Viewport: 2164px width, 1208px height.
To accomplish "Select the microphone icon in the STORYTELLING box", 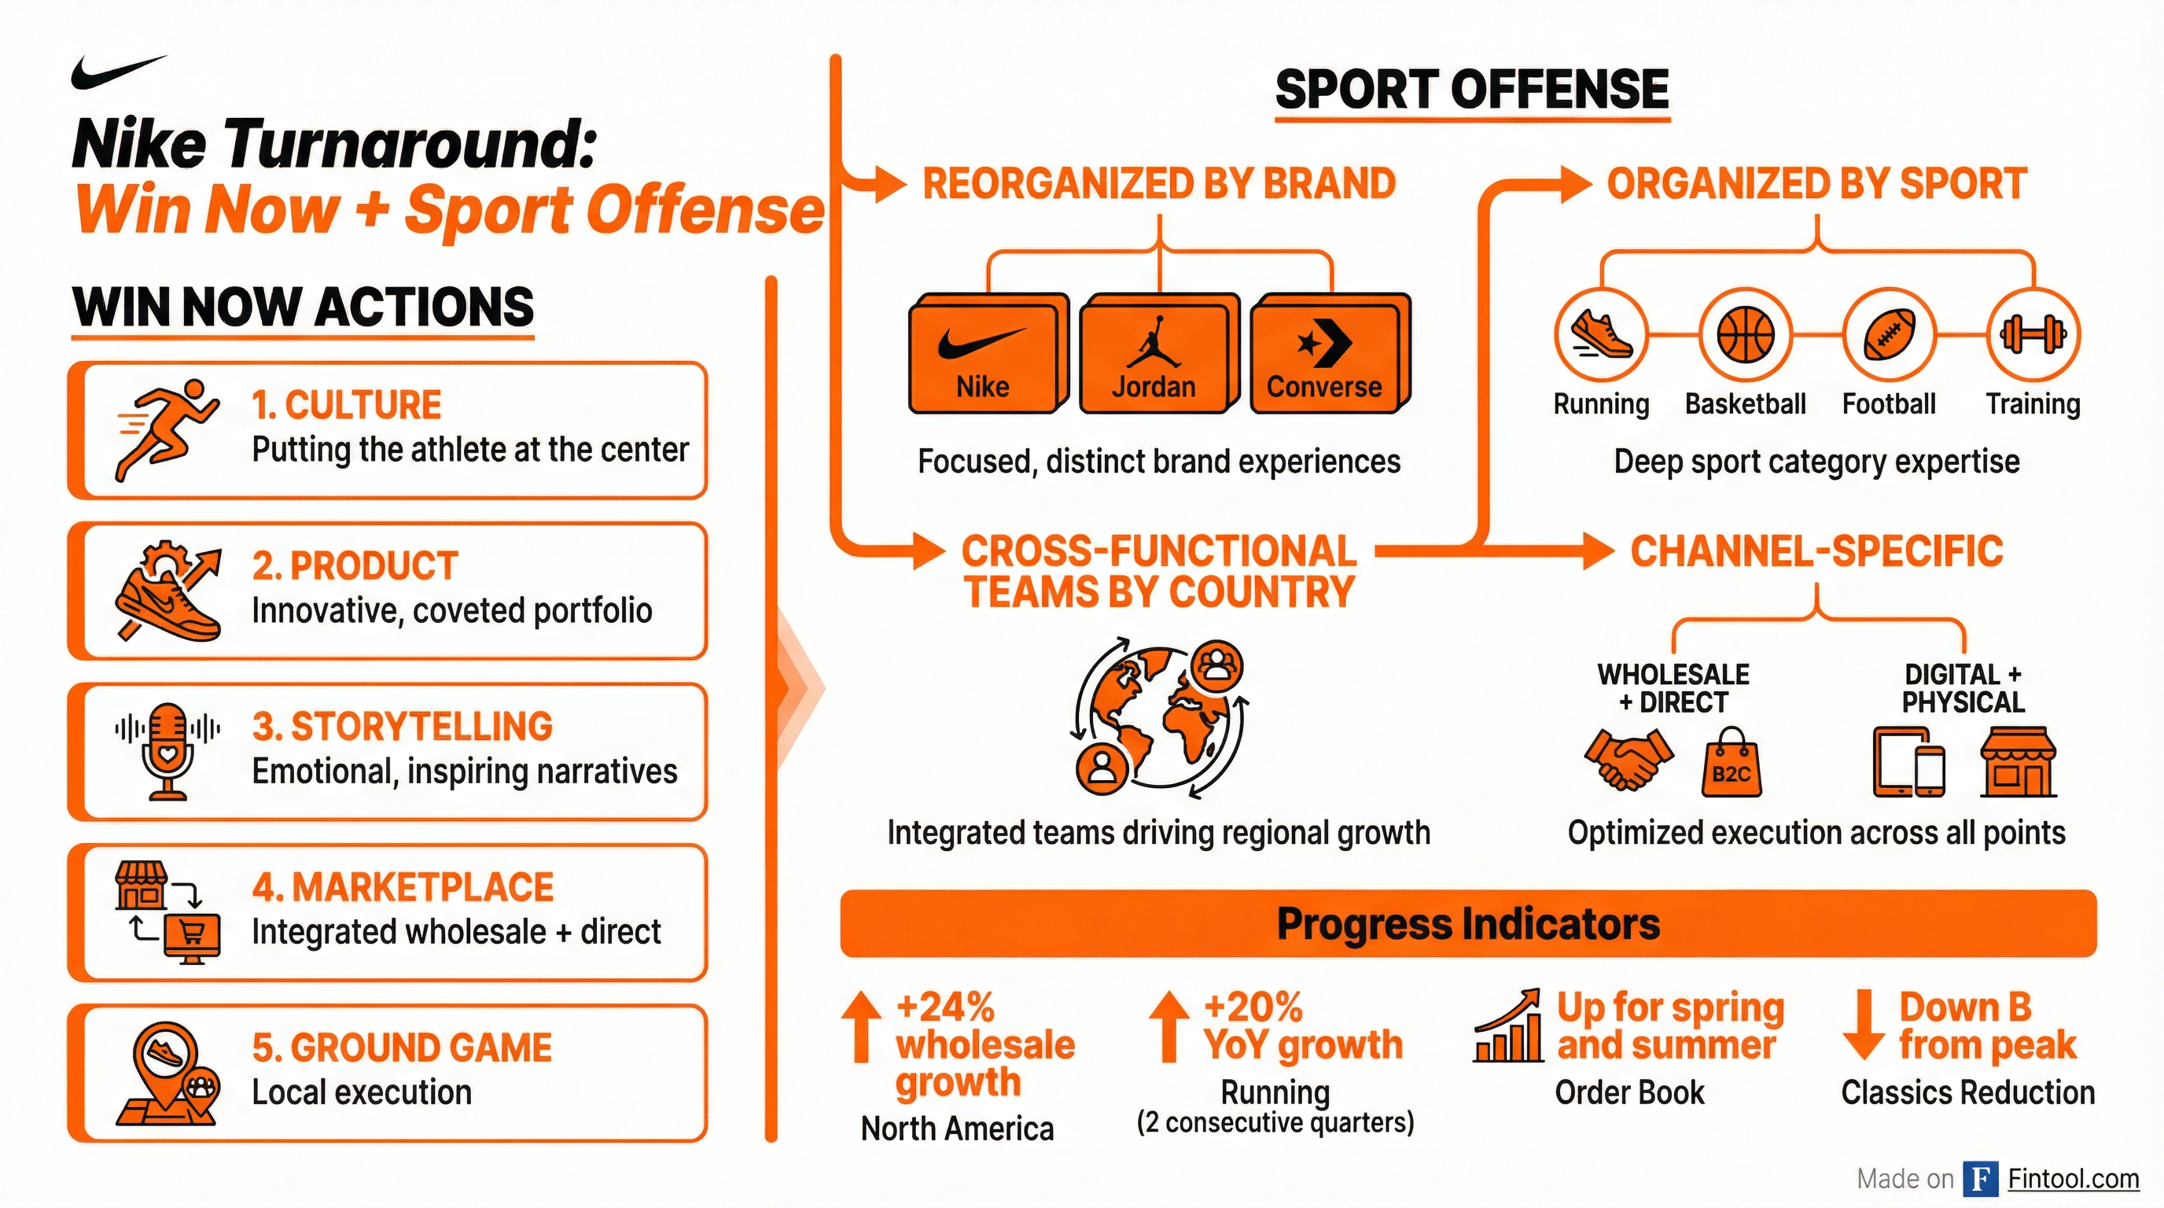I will [168, 750].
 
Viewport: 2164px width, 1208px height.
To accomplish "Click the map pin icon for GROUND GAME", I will [168, 1073].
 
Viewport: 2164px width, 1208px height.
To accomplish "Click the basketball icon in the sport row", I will [1745, 334].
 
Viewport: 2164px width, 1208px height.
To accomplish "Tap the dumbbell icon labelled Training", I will [2033, 334].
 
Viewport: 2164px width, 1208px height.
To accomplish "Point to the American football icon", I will [1889, 334].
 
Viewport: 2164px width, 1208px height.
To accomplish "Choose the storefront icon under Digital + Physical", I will [2018, 762].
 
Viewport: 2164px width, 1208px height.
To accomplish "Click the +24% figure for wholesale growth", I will [946, 1007].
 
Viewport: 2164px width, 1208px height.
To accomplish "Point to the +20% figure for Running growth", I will [1253, 1007].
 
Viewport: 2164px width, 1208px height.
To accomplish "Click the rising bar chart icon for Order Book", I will [1509, 1026].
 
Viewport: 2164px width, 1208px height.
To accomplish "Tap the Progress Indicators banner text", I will [1467, 924].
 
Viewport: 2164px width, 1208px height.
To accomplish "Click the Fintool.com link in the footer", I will [2073, 1180].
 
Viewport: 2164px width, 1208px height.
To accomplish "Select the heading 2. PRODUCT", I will [355, 566].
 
